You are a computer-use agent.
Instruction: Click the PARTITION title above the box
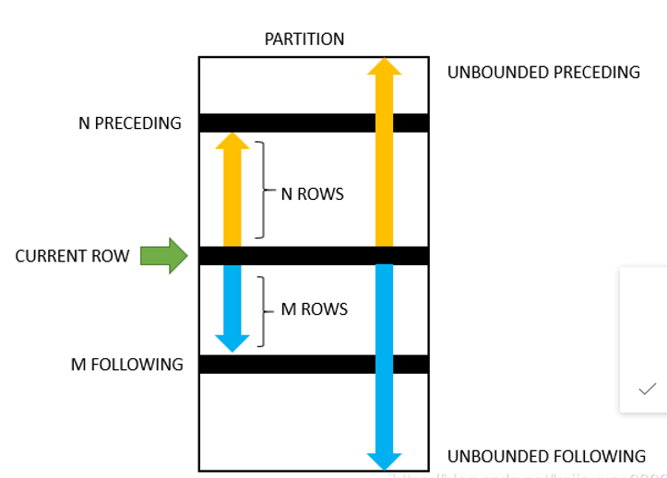coord(304,39)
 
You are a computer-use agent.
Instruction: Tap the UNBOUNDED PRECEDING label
coord(543,72)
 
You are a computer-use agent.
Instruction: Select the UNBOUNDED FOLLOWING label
coord(546,456)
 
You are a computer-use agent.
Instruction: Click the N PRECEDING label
coord(130,122)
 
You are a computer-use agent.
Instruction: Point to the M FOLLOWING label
coord(127,364)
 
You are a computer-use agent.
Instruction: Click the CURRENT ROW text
coord(72,256)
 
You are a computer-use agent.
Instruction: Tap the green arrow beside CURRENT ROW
coord(163,255)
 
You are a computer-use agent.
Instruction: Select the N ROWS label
coord(312,194)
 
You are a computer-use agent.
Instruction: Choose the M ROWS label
coord(314,309)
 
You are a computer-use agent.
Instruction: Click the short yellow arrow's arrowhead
coord(232,140)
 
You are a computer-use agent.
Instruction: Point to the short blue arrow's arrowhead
coord(232,343)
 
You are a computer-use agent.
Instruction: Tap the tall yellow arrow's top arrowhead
coord(384,65)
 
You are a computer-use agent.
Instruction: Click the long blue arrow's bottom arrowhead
coord(384,461)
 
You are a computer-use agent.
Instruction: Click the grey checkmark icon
coord(647,390)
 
